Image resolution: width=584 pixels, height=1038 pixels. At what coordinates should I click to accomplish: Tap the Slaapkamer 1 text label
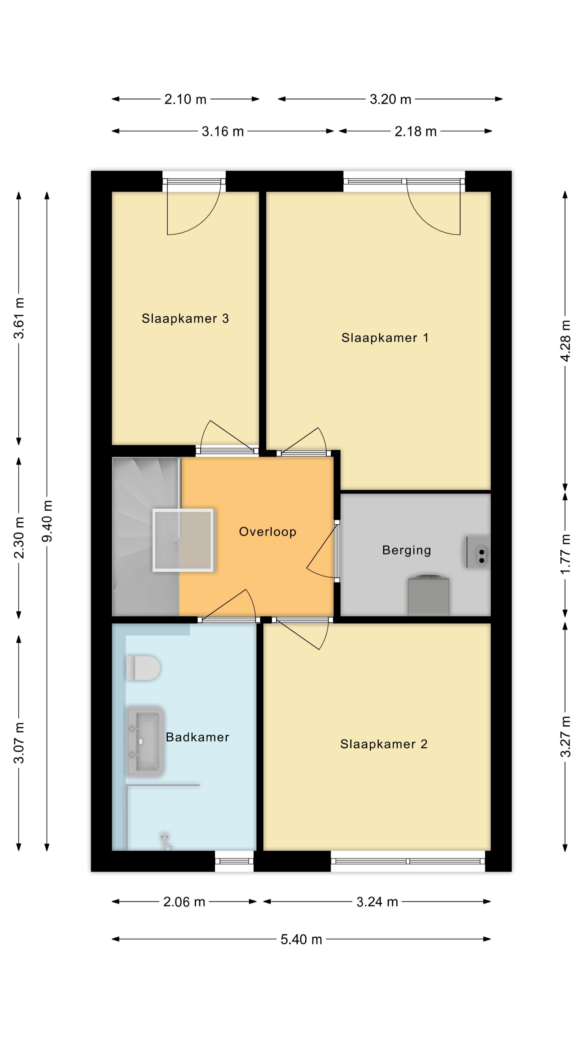pyautogui.click(x=385, y=338)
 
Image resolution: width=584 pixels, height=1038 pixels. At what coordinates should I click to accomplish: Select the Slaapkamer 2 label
pyautogui.click(x=384, y=744)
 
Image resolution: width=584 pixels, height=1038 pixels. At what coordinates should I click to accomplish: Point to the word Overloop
pyautogui.click(x=268, y=532)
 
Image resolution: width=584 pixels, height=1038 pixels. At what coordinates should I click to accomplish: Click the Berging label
pyautogui.click(x=407, y=550)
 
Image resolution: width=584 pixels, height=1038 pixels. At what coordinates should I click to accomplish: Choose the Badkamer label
pyautogui.click(x=197, y=737)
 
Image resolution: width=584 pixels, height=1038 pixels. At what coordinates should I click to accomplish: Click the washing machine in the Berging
pyautogui.click(x=429, y=595)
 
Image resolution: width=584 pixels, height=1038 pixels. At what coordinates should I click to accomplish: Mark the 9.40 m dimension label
pyautogui.click(x=47, y=521)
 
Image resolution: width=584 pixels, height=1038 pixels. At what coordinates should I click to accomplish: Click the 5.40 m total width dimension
pyautogui.click(x=301, y=940)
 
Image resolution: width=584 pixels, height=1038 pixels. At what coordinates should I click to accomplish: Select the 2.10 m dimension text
pyautogui.click(x=185, y=99)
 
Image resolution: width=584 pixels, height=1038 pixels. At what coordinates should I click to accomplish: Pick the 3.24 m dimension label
pyautogui.click(x=377, y=902)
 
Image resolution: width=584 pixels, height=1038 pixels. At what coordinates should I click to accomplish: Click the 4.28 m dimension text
pyautogui.click(x=565, y=341)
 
